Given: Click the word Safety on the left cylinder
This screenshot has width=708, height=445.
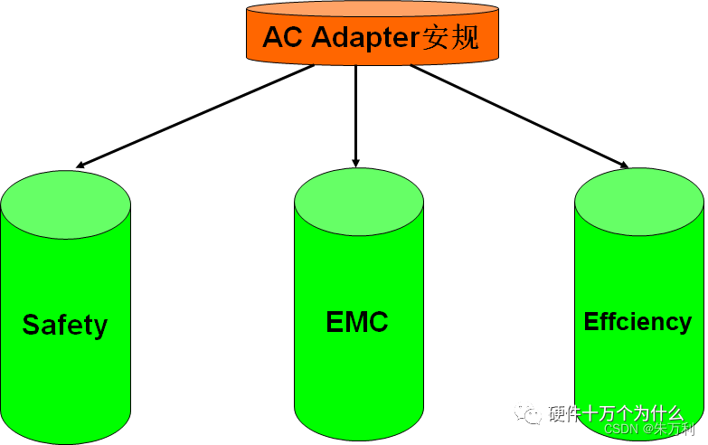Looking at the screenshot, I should [x=65, y=325].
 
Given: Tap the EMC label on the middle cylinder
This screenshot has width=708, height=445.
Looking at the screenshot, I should [x=357, y=321].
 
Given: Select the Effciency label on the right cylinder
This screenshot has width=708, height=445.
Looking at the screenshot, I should [x=637, y=321].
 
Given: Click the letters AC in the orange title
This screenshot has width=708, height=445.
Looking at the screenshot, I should [x=280, y=38].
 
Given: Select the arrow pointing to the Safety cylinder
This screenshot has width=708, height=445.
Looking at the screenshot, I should [x=199, y=116].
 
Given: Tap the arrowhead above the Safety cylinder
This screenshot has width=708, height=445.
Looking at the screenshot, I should [x=81, y=166].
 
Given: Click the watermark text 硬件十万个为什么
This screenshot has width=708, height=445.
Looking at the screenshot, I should [x=617, y=414].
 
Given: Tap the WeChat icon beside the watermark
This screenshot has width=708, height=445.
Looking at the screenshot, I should [x=528, y=414].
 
